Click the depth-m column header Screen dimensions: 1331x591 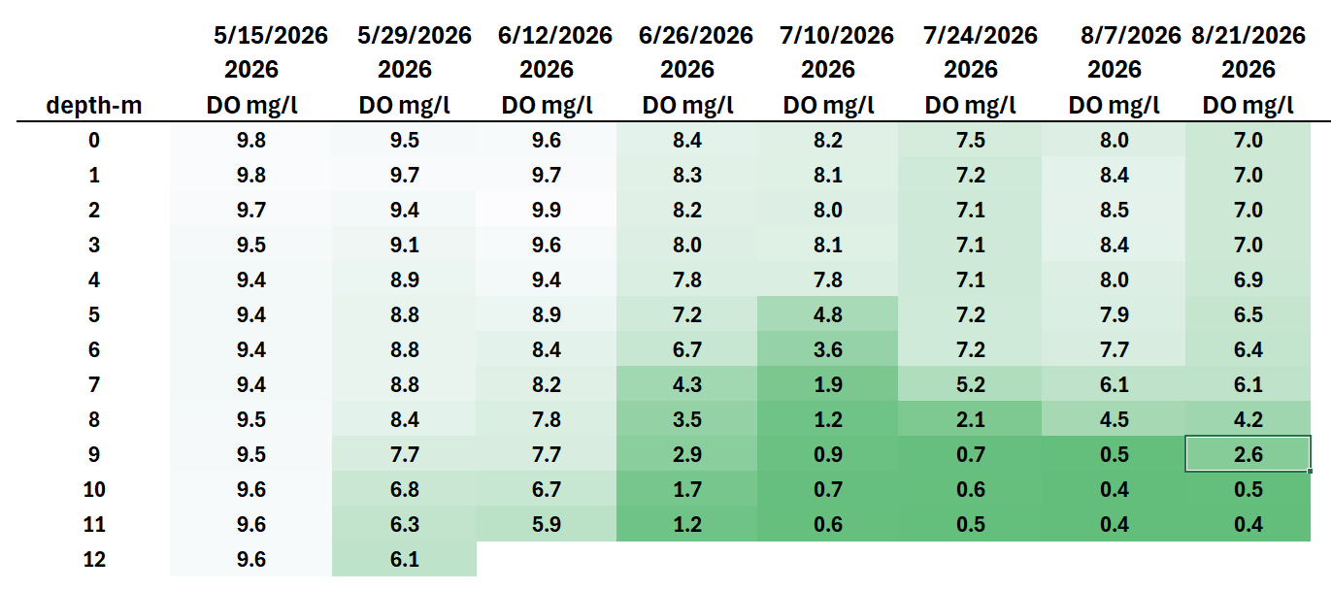[94, 106]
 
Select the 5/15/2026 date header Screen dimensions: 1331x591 [270, 36]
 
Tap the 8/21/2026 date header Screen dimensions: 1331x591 [1248, 36]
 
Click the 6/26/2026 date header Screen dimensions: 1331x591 [696, 36]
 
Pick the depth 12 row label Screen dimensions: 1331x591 [94, 560]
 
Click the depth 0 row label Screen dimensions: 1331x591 [94, 140]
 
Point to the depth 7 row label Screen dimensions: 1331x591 [94, 385]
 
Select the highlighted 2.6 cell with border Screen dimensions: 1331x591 [1248, 454]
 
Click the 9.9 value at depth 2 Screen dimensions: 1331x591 [546, 211]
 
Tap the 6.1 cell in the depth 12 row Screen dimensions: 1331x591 [405, 560]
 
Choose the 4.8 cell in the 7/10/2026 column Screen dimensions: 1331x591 [828, 314]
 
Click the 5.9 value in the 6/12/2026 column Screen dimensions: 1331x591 [546, 524]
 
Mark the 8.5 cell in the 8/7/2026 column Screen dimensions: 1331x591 [1114, 211]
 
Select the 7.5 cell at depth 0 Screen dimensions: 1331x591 [970, 140]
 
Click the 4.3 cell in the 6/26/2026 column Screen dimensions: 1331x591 [687, 385]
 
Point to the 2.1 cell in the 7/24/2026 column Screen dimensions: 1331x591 [970, 420]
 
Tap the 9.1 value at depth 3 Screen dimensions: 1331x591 [405, 245]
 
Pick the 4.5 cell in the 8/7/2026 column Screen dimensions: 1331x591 [1114, 420]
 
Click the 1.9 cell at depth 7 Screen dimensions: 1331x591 [828, 385]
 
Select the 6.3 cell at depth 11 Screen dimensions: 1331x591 [405, 524]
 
